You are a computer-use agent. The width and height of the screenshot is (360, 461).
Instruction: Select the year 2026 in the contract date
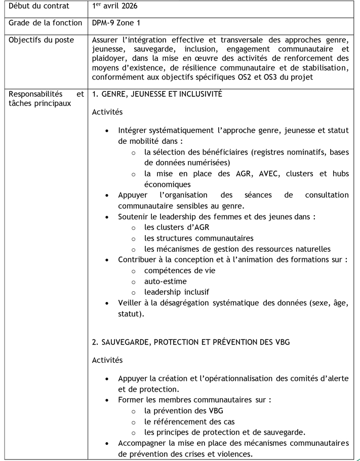tap(127, 7)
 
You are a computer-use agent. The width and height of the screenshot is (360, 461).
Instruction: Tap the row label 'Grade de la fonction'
tap(45, 23)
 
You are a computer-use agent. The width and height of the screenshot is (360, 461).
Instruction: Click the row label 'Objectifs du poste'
tap(41, 40)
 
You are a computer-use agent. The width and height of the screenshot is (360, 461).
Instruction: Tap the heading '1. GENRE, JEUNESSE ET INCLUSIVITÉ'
tap(157, 94)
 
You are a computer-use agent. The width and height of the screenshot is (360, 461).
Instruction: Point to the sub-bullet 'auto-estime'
tap(165, 281)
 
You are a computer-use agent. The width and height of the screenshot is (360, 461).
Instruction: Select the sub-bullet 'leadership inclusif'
tap(176, 292)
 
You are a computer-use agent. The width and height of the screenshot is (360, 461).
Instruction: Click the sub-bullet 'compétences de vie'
tap(179, 271)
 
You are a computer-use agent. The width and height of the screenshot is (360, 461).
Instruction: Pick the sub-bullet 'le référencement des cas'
tap(189, 421)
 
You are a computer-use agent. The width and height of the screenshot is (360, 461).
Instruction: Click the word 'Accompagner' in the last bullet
tap(143, 443)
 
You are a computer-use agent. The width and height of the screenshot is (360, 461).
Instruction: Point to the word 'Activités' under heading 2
tap(107, 360)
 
